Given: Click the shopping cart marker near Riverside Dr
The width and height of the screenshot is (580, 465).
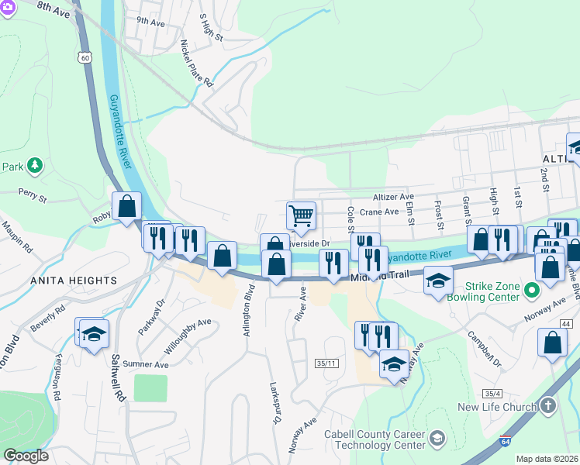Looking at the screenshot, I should [x=301, y=215].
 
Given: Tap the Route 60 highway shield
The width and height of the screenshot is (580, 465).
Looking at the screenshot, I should [x=85, y=57].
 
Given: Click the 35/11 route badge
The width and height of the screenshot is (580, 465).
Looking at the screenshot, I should [x=326, y=363].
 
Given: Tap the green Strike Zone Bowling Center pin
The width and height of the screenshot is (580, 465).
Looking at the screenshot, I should [x=531, y=291].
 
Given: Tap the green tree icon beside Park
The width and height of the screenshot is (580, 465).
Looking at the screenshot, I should [x=34, y=166].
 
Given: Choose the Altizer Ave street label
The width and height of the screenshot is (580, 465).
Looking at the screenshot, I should [x=393, y=198].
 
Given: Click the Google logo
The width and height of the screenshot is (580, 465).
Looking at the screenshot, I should [x=26, y=456].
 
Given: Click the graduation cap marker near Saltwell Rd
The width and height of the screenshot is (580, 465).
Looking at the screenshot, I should [x=94, y=334].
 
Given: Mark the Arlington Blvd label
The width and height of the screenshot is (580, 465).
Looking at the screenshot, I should [x=250, y=306].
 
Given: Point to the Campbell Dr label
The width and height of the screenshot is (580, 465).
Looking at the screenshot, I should [x=485, y=350].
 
